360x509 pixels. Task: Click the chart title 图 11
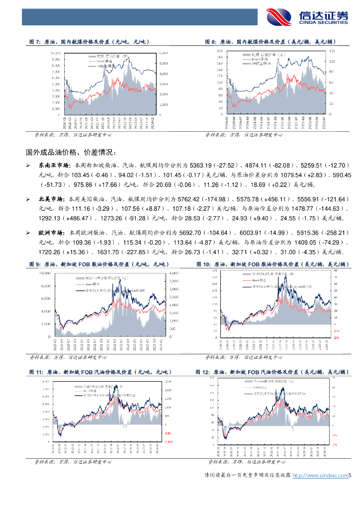99,372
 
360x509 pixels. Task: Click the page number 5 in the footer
350,476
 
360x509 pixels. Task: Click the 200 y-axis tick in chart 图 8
219,51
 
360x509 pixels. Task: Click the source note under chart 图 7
72,135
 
